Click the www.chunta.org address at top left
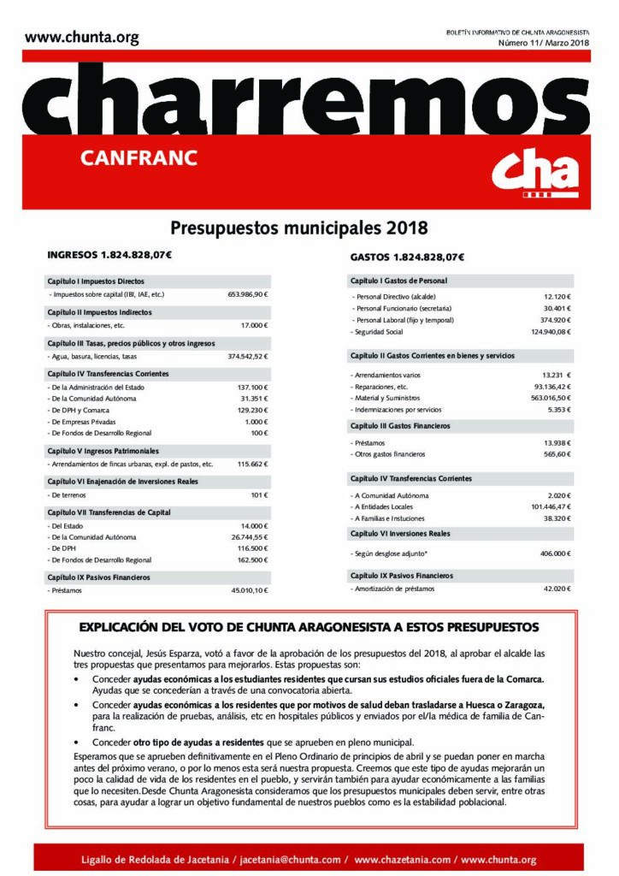pos(81,37)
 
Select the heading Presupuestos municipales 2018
pos(298,228)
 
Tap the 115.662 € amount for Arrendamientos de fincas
pos(251,464)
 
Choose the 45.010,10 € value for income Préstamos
pos(250,590)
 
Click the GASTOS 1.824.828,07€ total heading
pos(407,257)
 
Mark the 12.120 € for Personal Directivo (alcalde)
pos(556,296)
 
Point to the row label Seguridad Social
pos(380,331)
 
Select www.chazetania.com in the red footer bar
pos(402,858)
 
